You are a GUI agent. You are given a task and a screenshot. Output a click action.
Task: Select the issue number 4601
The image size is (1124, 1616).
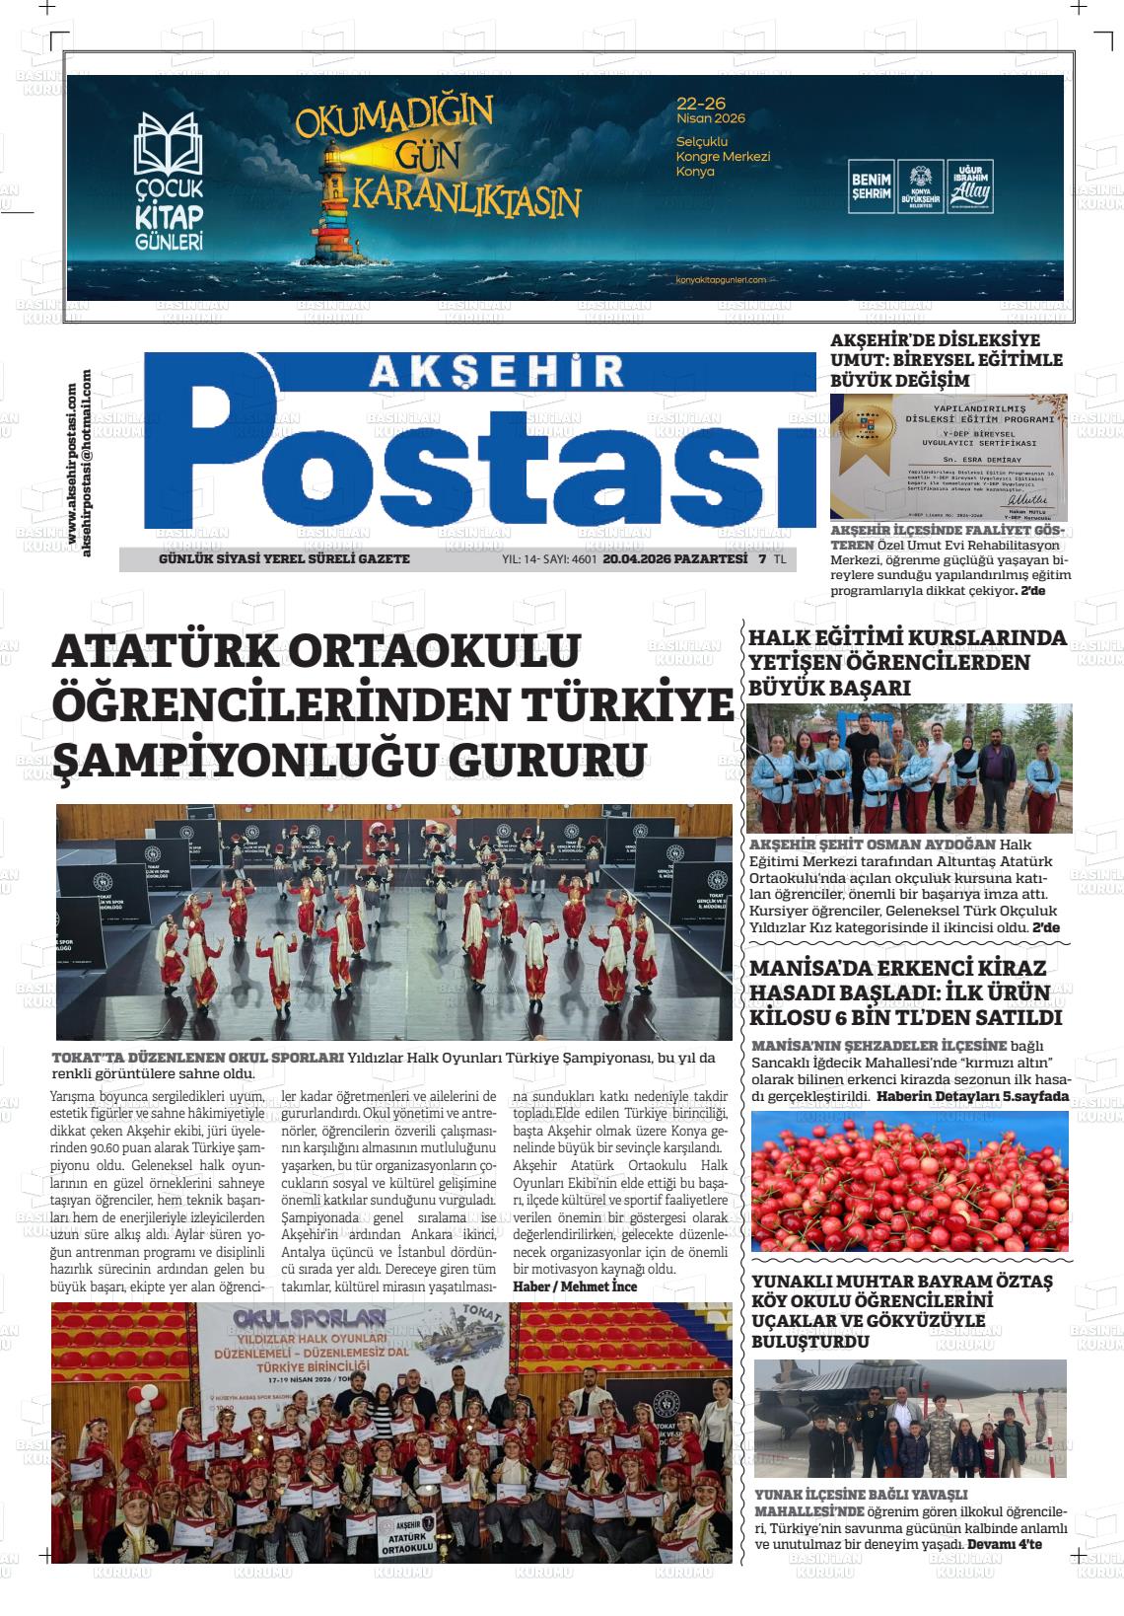pos(585,559)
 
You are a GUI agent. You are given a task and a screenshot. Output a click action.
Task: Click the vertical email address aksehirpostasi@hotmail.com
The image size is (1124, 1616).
pos(87,462)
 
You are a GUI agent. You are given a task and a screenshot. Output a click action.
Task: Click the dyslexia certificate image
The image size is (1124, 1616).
pos(948,457)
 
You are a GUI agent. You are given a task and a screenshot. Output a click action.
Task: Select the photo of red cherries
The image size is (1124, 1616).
pos(909,1181)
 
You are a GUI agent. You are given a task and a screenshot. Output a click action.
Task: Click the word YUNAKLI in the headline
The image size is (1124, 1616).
pos(796,1282)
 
